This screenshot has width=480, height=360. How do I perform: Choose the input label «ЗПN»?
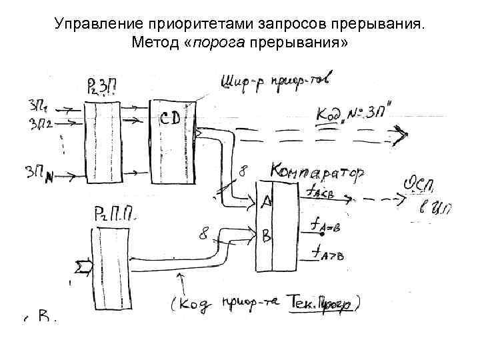41,172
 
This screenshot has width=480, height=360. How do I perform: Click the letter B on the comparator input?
267,236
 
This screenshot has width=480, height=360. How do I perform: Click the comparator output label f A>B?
325,254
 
